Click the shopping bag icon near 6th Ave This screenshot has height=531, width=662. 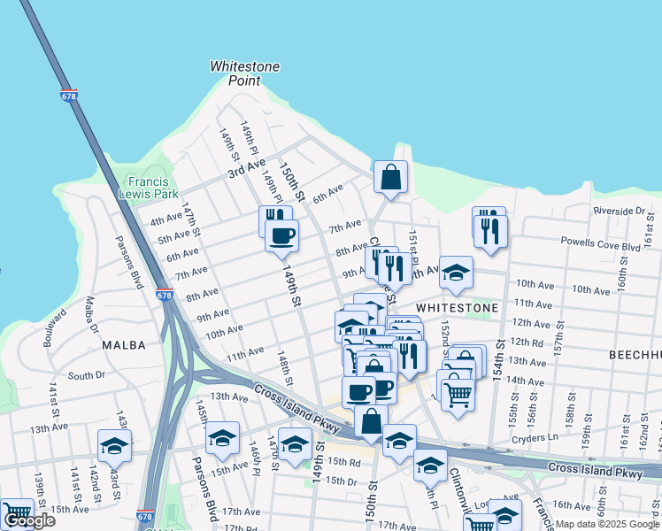click(x=390, y=177)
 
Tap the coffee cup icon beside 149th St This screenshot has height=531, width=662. click(x=282, y=235)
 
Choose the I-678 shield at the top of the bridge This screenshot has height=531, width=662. click(x=69, y=94)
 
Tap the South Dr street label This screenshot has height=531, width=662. click(x=86, y=375)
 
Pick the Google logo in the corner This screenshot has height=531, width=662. click(x=28, y=520)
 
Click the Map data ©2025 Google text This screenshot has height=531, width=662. click(x=606, y=524)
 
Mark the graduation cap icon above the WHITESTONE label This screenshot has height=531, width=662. click(x=457, y=273)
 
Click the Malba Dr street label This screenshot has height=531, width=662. click(x=90, y=316)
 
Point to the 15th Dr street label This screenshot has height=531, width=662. click(x=340, y=481)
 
